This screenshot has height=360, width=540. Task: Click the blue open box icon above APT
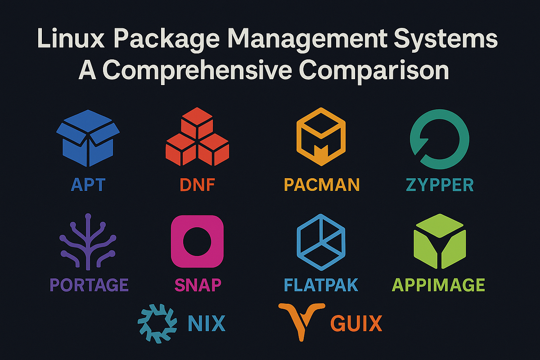(88, 138)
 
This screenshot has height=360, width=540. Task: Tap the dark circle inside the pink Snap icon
(197, 241)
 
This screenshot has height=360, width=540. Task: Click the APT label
(88, 184)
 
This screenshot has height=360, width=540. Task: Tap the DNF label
(198, 184)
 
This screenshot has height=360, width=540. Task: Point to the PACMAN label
(322, 184)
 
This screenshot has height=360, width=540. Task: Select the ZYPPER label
(440, 184)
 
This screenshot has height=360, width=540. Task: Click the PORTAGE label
(89, 285)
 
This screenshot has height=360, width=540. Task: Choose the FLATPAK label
(321, 285)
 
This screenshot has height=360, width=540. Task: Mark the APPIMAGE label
(438, 285)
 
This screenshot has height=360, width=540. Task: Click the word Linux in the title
(71, 39)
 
